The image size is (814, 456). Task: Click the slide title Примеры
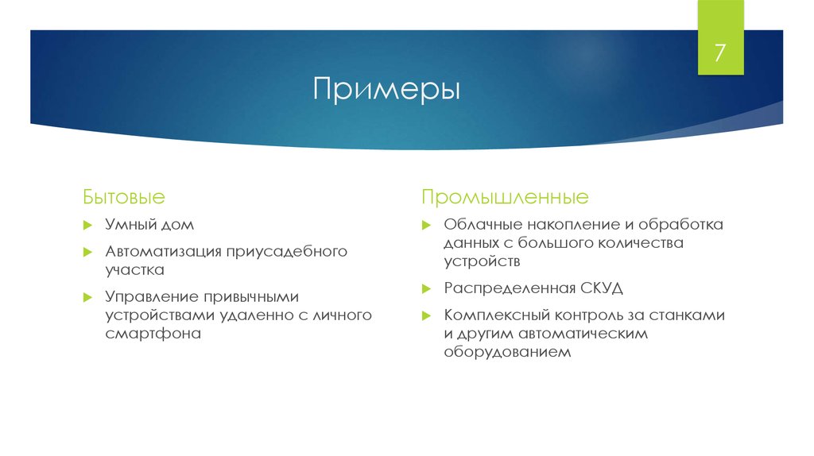coord(386,87)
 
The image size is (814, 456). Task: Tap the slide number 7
coord(720,54)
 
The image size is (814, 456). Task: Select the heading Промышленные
coord(505,195)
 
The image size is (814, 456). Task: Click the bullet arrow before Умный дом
coord(88,226)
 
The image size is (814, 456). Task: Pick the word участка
coord(134,269)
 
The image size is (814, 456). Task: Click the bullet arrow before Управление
coord(88,297)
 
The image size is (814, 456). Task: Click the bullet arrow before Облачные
coord(427,226)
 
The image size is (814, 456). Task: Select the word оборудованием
coord(507,351)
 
